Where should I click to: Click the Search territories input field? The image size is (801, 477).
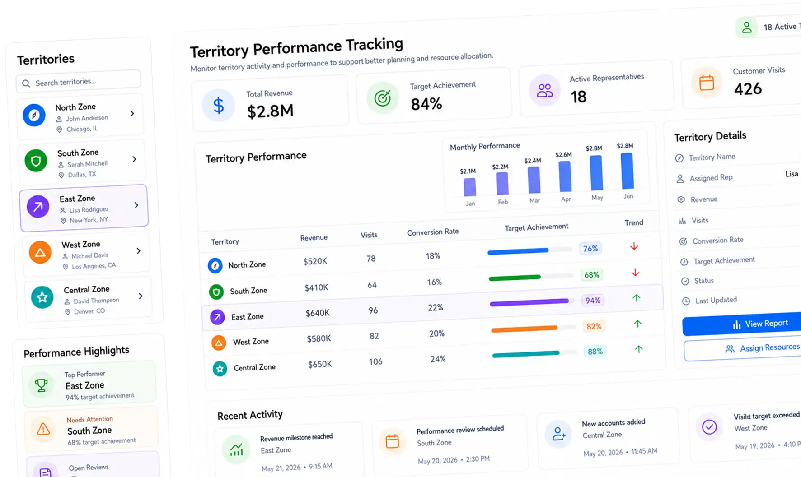pos(78,82)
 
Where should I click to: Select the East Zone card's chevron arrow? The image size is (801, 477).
pos(136,205)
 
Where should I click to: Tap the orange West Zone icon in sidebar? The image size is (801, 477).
pos(40,252)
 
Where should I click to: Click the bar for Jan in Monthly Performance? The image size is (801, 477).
pos(469,187)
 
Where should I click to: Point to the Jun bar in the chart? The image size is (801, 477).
pos(627,171)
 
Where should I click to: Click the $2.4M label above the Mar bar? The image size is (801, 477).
pos(533,161)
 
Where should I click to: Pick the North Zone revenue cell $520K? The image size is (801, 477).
pos(315,261)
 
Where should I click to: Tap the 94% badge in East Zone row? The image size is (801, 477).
pos(593,301)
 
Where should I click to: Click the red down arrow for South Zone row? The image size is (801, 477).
pos(635,273)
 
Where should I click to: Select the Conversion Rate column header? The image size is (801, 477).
pos(433,232)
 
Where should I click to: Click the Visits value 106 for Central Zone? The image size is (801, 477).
pos(375,361)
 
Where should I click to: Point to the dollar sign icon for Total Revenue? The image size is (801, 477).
pos(219,106)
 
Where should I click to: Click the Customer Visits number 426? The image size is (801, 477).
pos(748,89)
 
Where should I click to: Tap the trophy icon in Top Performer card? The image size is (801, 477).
pos(41,385)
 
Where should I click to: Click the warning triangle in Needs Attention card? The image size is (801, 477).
pos(43,429)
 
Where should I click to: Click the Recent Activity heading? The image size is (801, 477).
pos(250,415)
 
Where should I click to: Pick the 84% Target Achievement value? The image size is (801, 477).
pos(426,104)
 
